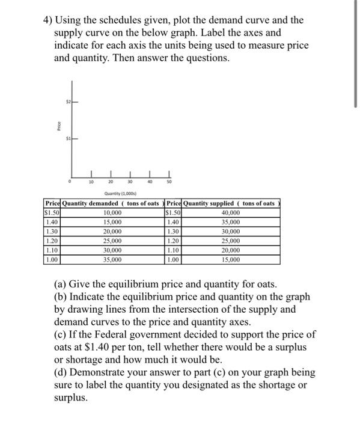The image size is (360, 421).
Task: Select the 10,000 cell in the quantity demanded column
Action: (112, 213)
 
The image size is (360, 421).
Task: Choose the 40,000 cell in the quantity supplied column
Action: (230, 213)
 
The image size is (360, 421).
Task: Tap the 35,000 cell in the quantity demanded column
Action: (112, 260)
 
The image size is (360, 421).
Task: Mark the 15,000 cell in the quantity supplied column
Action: (230, 260)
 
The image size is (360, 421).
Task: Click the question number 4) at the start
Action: (49, 20)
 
